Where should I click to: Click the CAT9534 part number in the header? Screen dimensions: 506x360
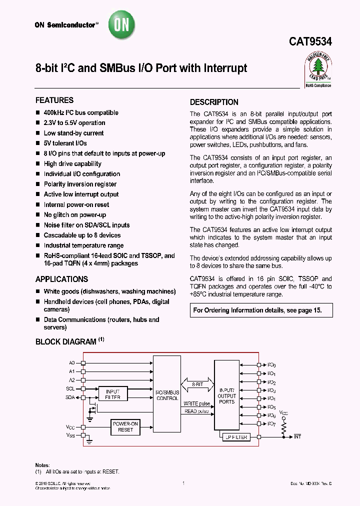coord(310,43)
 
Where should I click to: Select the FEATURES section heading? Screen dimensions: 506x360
coord(54,100)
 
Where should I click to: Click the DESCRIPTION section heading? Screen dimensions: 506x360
coord(214,102)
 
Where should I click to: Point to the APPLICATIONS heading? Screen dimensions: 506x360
coord(61,279)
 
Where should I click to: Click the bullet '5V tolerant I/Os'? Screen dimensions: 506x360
coord(65,143)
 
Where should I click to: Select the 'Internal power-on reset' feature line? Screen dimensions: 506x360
coord(76,204)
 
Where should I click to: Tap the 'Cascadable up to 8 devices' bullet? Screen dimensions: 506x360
coord(82,235)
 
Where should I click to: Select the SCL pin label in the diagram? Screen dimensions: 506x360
coord(70,388)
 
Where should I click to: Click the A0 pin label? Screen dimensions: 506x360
coord(71,362)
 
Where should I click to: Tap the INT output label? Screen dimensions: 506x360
coord(298,437)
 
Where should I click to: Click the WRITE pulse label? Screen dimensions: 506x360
coord(196,403)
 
